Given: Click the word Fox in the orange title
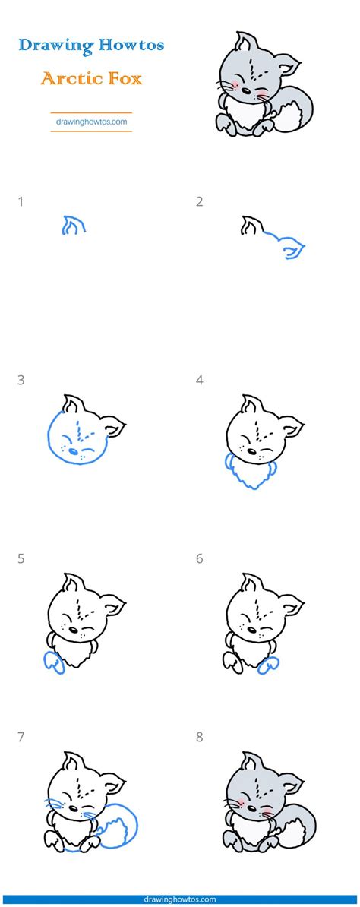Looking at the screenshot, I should pos(123,78).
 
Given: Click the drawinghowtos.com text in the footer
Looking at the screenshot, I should pos(180,899).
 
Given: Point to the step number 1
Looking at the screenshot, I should pos(21,202).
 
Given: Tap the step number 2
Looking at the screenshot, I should pos(200,202).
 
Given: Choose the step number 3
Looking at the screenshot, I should pos(21,381).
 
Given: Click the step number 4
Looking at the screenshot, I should pos(200,381).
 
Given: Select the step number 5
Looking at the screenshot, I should pos(21,559).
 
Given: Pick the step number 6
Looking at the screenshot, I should pos(200,559).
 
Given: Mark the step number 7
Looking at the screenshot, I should pos(21,738).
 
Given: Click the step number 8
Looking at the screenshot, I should pos(200,738).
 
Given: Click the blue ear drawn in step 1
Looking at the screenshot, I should pos(73,225).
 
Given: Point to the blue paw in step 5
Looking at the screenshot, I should pos(55,663).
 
